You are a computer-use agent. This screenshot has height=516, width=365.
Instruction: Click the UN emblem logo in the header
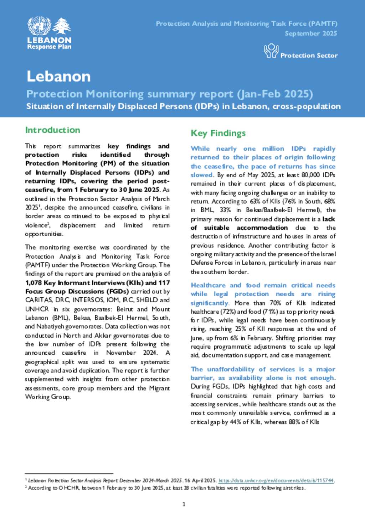(39, 26)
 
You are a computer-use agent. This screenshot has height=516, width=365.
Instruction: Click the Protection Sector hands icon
(271, 51)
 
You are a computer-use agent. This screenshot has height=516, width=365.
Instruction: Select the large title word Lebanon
(59, 77)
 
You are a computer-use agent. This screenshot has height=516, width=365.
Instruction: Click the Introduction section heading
(52, 130)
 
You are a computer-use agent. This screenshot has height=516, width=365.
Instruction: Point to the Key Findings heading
(218, 133)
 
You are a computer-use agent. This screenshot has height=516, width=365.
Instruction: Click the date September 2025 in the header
(311, 33)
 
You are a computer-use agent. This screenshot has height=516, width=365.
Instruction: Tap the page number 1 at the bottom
(184, 504)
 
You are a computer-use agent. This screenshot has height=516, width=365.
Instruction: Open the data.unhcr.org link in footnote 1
(276, 480)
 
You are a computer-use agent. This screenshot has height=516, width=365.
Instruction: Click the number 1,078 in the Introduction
(34, 283)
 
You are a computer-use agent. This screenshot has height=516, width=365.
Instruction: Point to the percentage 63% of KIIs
(255, 201)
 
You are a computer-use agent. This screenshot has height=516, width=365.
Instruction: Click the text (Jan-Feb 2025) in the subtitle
(275, 94)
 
